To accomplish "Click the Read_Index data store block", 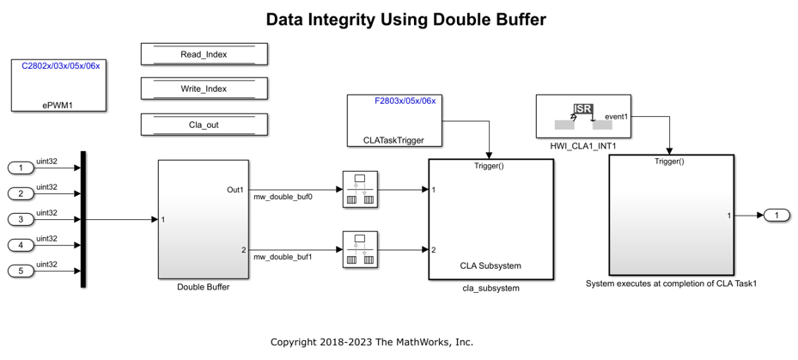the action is (x=204, y=54).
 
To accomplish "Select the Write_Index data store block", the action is (x=204, y=88).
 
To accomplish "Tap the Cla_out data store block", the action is (x=204, y=125).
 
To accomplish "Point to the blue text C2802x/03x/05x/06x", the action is (x=61, y=65).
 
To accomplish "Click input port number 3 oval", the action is (x=21, y=219).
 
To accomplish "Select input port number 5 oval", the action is (x=21, y=271).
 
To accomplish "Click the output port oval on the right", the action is (x=777, y=216).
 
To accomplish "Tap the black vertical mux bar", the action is (x=83, y=219).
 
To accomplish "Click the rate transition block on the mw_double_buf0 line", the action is (x=360, y=189).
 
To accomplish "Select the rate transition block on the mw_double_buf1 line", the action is (x=360, y=249).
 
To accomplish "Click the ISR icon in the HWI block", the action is (x=583, y=109).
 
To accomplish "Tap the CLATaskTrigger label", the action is (x=393, y=140).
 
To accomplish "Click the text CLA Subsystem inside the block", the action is (x=490, y=265).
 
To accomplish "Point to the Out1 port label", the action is (x=235, y=190).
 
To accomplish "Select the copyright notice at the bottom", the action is (x=372, y=342).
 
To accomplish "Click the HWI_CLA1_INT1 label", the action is (x=583, y=146).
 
